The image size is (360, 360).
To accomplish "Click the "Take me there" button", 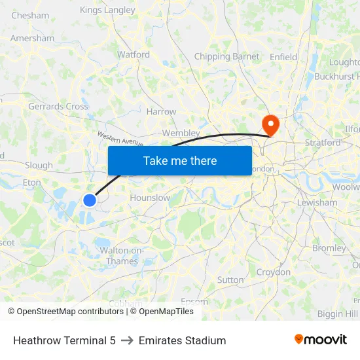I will pos(180,160).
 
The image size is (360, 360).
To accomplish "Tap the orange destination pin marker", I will pos(270,124).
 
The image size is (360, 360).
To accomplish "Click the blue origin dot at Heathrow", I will pos(90,200).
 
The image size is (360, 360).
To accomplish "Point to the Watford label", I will pos(134,55).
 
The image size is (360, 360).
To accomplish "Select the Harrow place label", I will pos(162,112).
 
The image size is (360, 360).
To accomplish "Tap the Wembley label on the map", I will pos(181,133).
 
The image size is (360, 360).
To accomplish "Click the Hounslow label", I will pos(151,198).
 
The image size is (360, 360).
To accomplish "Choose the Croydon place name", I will pos(273,272).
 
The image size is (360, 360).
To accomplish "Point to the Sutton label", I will pos(230,280).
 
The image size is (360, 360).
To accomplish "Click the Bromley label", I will pos(329,249).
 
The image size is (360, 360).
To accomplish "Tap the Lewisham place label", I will pos(316,203).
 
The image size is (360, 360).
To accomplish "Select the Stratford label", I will pos(323,143).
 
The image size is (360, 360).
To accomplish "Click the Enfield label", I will pos(283,57).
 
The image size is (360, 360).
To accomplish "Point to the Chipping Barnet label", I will pos(226,57).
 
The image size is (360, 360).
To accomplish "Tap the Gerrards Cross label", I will pos(58,107).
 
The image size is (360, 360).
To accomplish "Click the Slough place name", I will pos(39,166).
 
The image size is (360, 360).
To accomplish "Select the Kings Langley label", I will pos(107,10).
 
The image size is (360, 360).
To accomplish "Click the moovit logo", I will pos(321,340).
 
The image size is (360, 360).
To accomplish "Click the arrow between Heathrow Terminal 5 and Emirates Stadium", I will pos(127,340).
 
